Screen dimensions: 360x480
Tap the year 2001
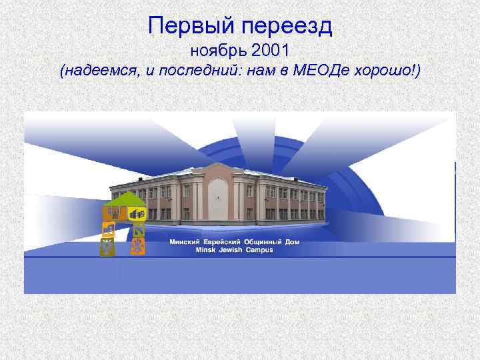point(270,50)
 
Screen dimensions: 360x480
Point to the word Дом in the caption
point(292,242)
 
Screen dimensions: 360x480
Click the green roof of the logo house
point(124,199)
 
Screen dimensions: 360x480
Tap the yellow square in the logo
point(137,214)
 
